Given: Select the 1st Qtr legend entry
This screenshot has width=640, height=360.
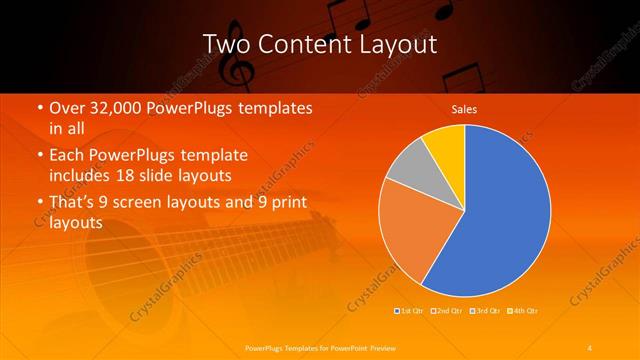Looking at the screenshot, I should (x=411, y=311).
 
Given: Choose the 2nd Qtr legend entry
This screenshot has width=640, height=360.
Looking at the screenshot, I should (x=447, y=311).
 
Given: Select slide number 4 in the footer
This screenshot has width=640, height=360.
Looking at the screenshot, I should (x=590, y=347).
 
